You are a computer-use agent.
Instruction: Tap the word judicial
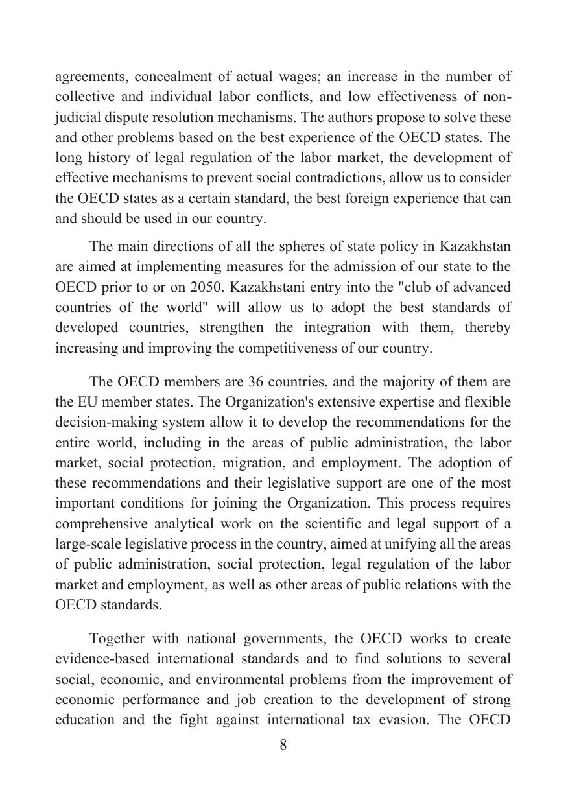pos(76,118)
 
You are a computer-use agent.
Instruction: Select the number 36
pos(258,382)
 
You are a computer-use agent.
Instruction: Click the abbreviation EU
pos(88,402)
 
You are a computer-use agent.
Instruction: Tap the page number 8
pos(283,745)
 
